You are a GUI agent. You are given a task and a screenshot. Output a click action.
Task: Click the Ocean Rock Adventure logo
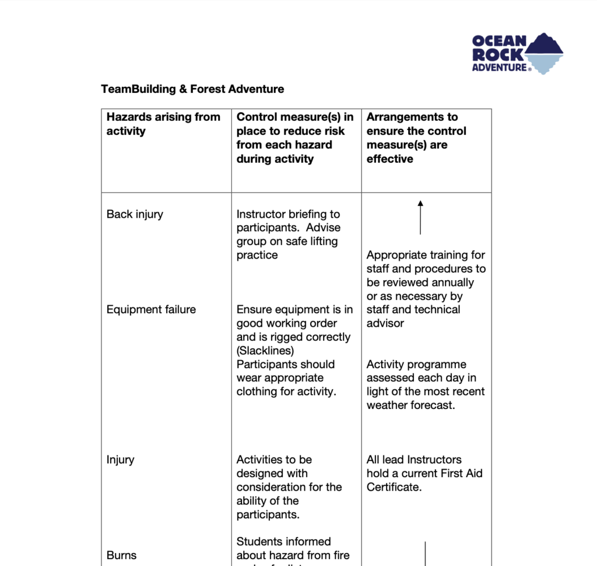(x=517, y=53)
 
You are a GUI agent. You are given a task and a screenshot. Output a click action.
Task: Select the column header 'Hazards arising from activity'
(x=163, y=124)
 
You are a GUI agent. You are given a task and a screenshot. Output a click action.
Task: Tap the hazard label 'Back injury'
(x=135, y=214)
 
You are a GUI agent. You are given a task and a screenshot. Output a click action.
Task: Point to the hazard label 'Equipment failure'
(x=151, y=309)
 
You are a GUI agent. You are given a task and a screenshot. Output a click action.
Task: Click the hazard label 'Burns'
(x=121, y=555)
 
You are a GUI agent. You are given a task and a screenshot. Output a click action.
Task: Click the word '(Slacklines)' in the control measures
(x=265, y=351)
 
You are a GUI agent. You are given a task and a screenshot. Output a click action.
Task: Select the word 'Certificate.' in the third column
(x=394, y=487)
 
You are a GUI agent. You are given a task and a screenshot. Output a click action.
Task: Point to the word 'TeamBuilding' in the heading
(x=138, y=89)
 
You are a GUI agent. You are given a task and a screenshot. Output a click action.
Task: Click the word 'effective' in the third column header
(x=389, y=159)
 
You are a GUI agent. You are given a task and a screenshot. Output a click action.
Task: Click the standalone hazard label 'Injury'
(x=120, y=460)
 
